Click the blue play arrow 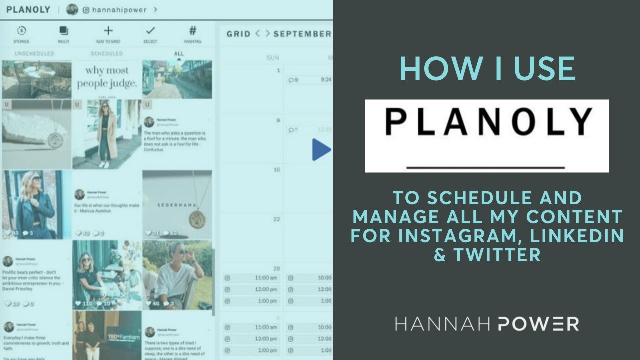pyautogui.click(x=322, y=150)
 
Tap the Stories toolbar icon pyautogui.click(x=21, y=31)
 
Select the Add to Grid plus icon pyautogui.click(x=108, y=31)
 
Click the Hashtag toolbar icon pyautogui.click(x=193, y=31)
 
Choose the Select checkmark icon pyautogui.click(x=150, y=31)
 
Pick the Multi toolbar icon pyautogui.click(x=64, y=31)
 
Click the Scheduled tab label pyautogui.click(x=106, y=53)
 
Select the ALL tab pyautogui.click(x=179, y=53)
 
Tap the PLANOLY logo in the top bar pyautogui.click(x=28, y=9)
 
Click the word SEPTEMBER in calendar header pyautogui.click(x=302, y=34)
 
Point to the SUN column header pyautogui.click(x=273, y=58)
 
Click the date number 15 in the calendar pyautogui.click(x=276, y=170)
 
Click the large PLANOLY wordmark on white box pyautogui.click(x=487, y=121)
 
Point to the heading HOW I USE pyautogui.click(x=487, y=69)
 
